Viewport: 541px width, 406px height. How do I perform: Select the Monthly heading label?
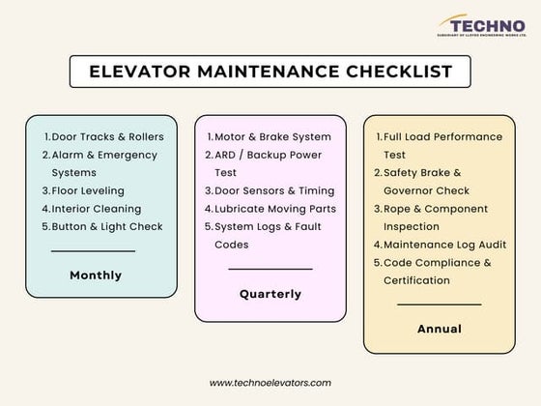[96, 275]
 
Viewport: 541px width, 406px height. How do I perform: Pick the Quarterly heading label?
[270, 294]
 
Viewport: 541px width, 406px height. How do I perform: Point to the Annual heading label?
[439, 329]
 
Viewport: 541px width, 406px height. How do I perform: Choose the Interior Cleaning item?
[96, 209]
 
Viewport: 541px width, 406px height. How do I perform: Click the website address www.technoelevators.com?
[270, 383]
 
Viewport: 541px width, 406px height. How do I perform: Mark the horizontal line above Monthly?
[93, 251]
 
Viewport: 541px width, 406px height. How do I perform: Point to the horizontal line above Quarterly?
[270, 269]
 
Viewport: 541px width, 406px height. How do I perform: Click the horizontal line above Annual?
[439, 304]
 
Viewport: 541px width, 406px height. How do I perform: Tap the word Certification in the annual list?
[416, 280]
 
